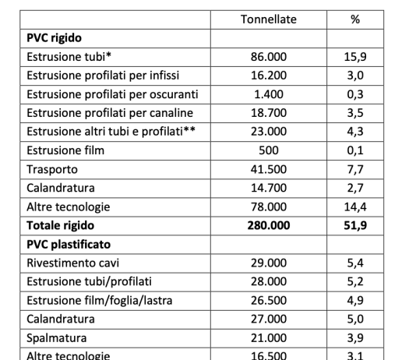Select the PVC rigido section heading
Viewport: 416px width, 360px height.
click(x=55, y=37)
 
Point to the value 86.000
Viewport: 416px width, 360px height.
click(x=269, y=56)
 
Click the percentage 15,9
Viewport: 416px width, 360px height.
click(x=354, y=56)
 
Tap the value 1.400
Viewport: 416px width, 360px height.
click(x=269, y=93)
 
